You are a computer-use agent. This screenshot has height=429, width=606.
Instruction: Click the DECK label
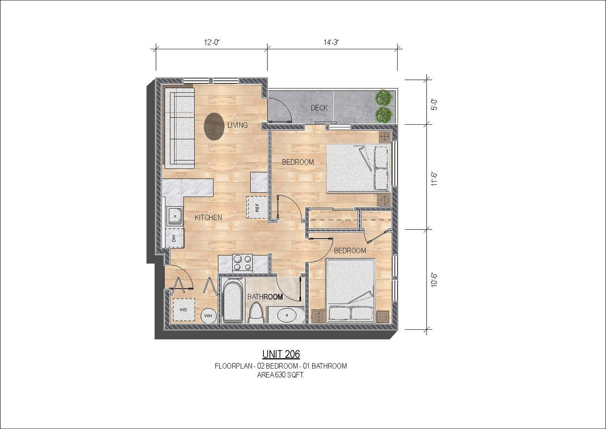pyautogui.click(x=319, y=108)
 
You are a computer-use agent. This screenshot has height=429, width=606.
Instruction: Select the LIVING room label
pyautogui.click(x=238, y=125)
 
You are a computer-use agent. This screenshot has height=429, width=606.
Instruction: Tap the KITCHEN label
pyautogui.click(x=208, y=218)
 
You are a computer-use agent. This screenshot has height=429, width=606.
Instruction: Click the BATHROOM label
pyautogui.click(x=265, y=297)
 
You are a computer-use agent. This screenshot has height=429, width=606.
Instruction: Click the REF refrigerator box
pyautogui.click(x=257, y=207)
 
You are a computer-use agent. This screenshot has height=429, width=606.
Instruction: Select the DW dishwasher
pyautogui.click(x=175, y=238)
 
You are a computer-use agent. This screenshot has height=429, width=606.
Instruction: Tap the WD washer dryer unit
pyautogui.click(x=184, y=309)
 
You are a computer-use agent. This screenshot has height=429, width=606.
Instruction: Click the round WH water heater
pyautogui.click(x=208, y=316)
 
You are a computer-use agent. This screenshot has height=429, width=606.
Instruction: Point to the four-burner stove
pyautogui.click(x=242, y=263)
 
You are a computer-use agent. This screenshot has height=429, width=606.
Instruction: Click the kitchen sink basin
pyautogui.click(x=175, y=216)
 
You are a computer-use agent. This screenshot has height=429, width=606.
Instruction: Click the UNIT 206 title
pyautogui.click(x=281, y=354)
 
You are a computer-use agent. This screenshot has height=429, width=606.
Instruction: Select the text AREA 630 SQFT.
pyautogui.click(x=281, y=375)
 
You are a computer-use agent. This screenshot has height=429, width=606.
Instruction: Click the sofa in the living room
pyautogui.click(x=179, y=128)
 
